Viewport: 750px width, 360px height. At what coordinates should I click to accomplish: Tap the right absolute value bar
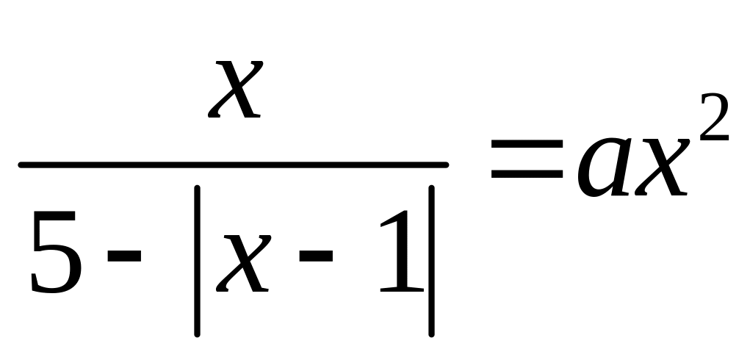(433, 260)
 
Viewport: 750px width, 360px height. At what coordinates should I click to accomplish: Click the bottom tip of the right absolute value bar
(433, 334)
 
